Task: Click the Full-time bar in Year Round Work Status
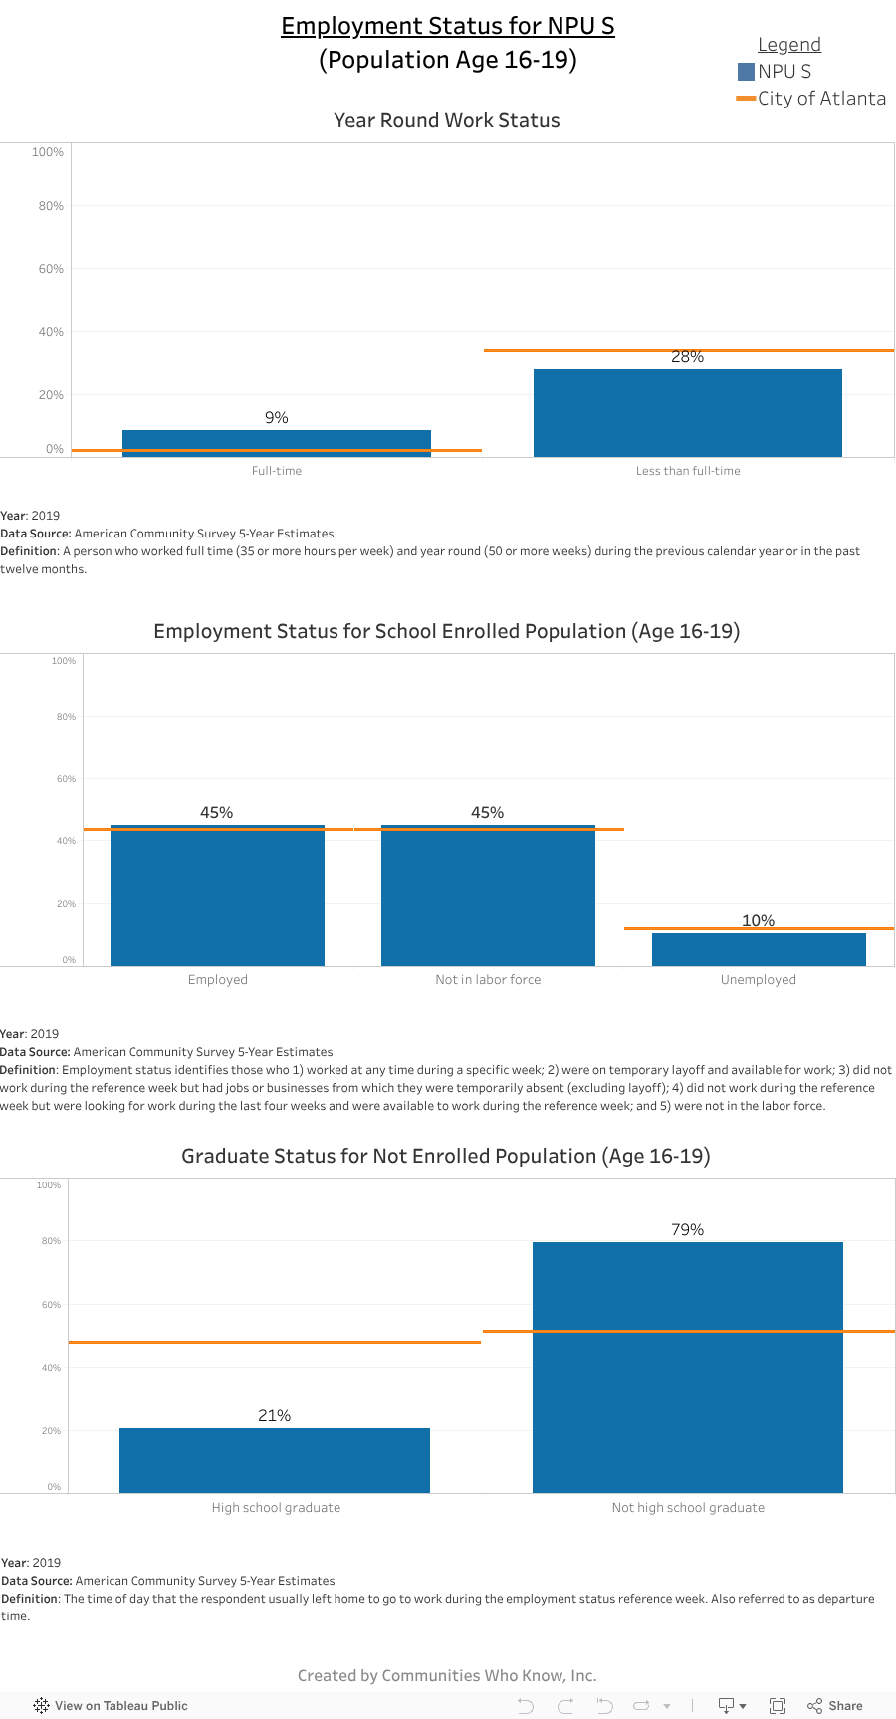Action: [277, 442]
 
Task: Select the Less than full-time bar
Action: [687, 413]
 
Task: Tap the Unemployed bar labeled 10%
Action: [759, 949]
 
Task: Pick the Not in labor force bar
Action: [488, 896]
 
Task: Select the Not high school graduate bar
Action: [687, 1394]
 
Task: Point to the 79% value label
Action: [687, 1230]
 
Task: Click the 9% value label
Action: [277, 418]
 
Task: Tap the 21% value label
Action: [275, 1416]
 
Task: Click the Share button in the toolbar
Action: [835, 1705]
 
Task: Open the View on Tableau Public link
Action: [111, 1705]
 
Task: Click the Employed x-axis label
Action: [218, 980]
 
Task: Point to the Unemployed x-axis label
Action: [759, 980]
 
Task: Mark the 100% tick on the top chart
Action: [48, 152]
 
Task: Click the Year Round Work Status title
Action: [447, 120]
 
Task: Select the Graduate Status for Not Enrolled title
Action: [446, 1156]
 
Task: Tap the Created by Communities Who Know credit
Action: [447, 1675]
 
